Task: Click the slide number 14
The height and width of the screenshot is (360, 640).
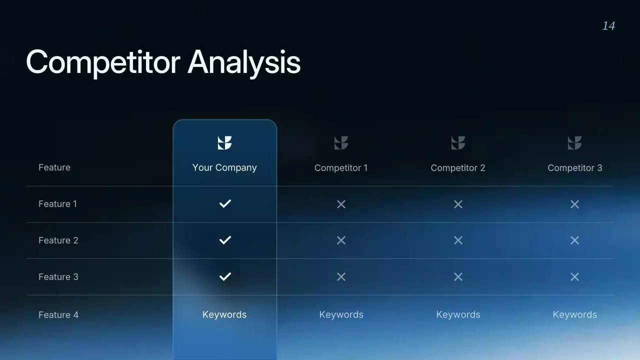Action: point(608,26)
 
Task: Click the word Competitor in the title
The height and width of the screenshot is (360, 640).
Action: point(103,62)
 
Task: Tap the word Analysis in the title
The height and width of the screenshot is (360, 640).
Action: point(244,63)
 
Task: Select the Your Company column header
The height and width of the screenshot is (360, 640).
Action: point(224,167)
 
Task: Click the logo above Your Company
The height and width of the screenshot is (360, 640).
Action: point(224,143)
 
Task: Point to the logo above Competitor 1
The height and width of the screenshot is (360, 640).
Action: point(341,143)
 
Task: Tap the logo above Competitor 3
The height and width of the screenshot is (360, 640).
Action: point(574,143)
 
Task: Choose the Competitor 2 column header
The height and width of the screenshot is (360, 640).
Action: point(458,168)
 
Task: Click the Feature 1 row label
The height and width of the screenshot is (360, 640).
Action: point(57,204)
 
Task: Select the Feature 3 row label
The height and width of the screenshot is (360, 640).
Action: point(58,277)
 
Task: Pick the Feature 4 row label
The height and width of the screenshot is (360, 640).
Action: point(58,315)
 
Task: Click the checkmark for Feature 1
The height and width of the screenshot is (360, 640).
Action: point(225,203)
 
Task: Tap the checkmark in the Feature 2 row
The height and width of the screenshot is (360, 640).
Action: point(225,240)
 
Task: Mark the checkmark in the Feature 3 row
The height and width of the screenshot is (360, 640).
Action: point(225,276)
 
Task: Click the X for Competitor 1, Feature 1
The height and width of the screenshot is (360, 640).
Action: point(341,204)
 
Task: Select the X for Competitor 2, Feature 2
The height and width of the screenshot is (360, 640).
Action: point(458,240)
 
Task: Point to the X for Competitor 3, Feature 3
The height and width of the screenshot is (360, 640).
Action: point(574,277)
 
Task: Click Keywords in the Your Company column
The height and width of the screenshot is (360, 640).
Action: point(224,314)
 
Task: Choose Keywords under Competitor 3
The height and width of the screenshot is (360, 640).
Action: point(574,314)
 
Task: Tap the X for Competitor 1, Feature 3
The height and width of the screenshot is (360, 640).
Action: point(341,277)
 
